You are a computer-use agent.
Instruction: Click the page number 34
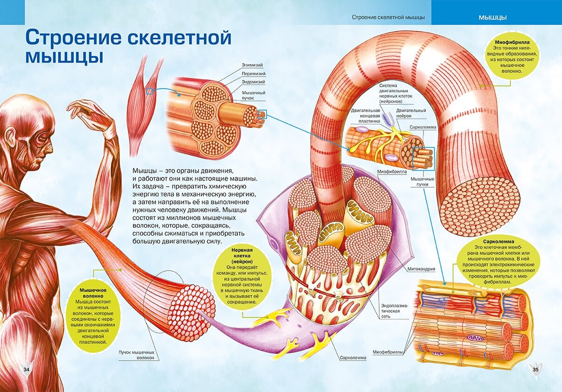(x=26, y=370)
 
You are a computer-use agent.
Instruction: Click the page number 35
(x=535, y=370)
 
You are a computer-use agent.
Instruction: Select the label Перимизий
(x=254, y=73)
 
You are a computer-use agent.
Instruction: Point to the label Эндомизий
(x=254, y=82)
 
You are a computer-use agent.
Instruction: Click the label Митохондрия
(x=421, y=269)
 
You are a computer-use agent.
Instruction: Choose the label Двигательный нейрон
(x=411, y=113)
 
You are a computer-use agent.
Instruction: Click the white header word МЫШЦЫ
(x=493, y=18)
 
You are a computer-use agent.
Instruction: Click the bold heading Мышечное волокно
(x=92, y=293)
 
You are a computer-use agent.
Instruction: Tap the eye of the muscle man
(x=40, y=136)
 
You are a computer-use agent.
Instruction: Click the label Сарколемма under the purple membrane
(x=353, y=358)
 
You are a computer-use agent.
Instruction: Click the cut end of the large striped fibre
(x=480, y=206)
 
